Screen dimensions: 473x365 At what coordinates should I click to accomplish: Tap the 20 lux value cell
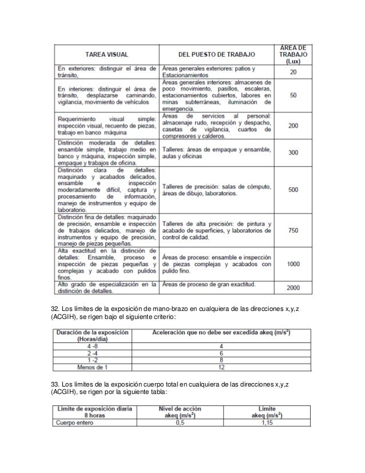pos(293,72)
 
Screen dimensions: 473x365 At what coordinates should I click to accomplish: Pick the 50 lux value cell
pos(293,95)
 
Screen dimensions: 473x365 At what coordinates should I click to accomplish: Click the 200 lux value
pos(293,125)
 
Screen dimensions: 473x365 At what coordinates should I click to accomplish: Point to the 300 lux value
pos(293,153)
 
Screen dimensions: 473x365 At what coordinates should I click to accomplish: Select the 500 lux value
pos(293,190)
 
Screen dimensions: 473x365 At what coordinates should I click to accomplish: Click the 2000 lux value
pos(293,287)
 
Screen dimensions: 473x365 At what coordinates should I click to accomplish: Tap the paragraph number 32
pos(55,310)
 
